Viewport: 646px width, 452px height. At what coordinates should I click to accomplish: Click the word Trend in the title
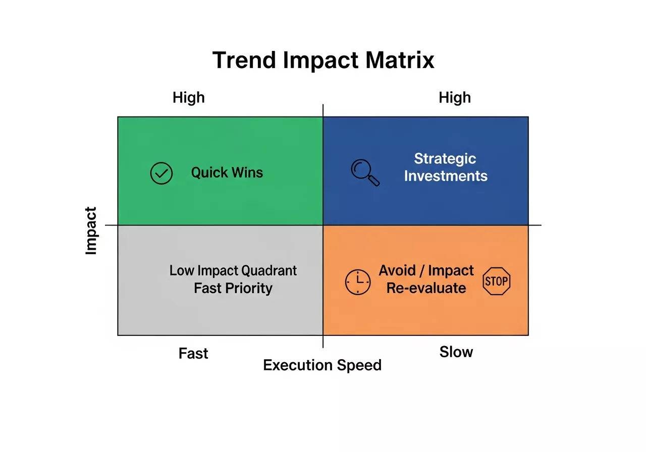click(x=244, y=60)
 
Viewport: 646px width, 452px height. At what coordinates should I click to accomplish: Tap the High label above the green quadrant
click(x=189, y=97)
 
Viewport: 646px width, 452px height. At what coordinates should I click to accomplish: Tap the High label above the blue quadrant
click(x=455, y=97)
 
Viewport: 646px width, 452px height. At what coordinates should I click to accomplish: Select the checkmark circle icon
click(x=161, y=174)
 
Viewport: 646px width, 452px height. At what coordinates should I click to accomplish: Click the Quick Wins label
click(x=227, y=173)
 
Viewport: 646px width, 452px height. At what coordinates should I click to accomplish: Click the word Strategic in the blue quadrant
click(x=445, y=158)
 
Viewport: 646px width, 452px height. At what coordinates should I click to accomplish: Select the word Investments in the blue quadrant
click(x=446, y=176)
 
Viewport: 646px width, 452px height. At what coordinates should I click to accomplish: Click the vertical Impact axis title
click(x=91, y=231)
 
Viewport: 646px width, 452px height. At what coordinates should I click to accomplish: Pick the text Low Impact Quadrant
click(x=233, y=270)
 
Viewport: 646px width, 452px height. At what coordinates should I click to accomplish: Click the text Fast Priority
click(x=233, y=288)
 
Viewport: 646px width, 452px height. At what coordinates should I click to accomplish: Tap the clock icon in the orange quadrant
click(x=357, y=282)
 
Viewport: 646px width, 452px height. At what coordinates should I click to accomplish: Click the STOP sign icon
click(x=497, y=281)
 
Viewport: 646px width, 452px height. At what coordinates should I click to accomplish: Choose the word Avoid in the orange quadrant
click(x=397, y=271)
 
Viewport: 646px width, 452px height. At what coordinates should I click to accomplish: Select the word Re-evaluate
click(x=426, y=288)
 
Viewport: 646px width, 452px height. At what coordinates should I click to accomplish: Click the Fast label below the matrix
click(x=193, y=354)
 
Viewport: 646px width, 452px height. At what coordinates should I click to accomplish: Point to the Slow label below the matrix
click(x=456, y=352)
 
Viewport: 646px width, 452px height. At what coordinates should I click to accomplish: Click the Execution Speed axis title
click(x=322, y=365)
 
